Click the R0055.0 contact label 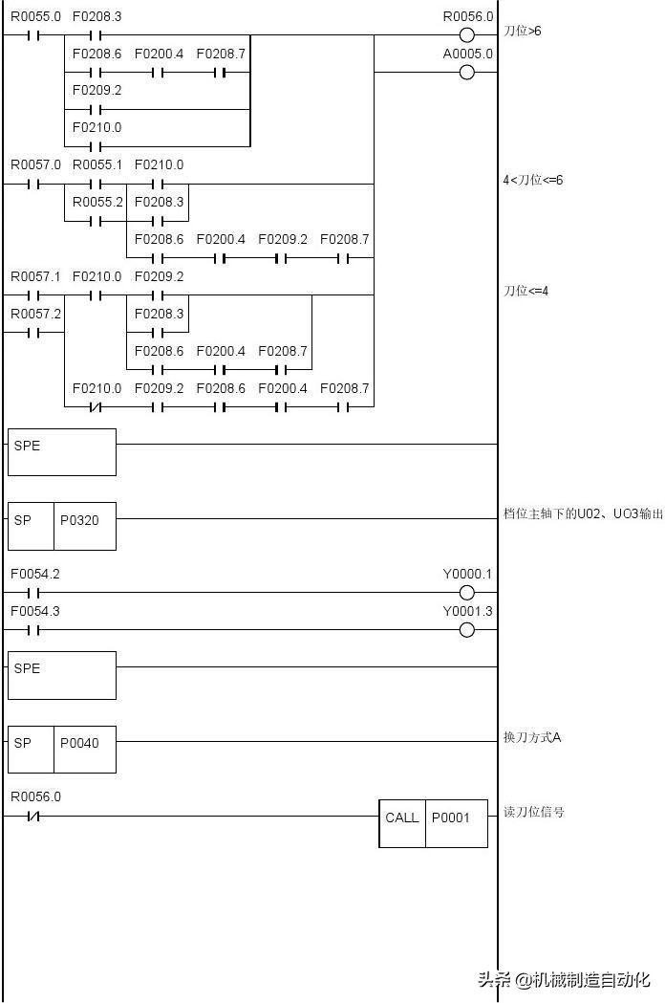click(35, 17)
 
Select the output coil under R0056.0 click(466, 35)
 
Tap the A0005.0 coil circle click(466, 73)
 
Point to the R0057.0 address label click(35, 165)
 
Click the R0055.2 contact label click(97, 203)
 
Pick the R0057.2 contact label click(35, 314)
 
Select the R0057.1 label click(35, 277)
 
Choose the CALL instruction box click(401, 818)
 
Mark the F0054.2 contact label click(35, 575)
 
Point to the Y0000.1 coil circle click(466, 593)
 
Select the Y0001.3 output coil click(466, 630)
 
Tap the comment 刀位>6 click(523, 32)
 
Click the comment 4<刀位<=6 click(533, 180)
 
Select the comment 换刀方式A click(532, 737)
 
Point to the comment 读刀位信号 click(533, 812)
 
